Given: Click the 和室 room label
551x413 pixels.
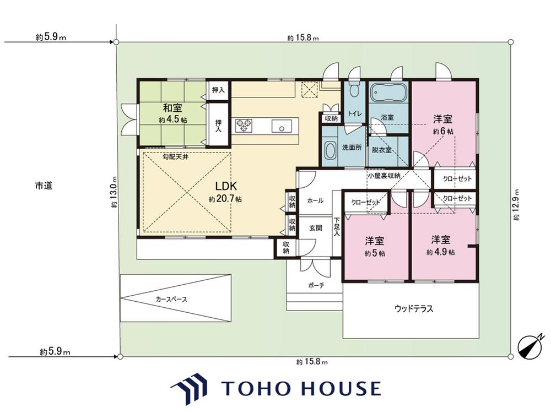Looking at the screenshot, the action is click(x=172, y=107).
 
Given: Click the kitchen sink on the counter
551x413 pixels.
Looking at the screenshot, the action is click(x=282, y=126).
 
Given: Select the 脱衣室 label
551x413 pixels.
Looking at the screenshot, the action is click(x=382, y=150).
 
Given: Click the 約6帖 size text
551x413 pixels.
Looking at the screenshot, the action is click(x=443, y=132).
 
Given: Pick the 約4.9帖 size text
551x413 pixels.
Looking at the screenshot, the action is click(x=441, y=252).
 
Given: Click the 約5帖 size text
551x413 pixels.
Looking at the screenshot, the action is click(x=375, y=253).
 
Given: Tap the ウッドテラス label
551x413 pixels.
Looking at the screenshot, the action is click(x=414, y=309).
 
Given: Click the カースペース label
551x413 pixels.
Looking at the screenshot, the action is click(x=171, y=300).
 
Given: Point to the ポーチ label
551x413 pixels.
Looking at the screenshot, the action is click(x=316, y=285).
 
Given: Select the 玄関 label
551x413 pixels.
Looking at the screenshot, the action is click(x=316, y=228).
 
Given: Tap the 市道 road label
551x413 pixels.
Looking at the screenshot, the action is click(x=44, y=186).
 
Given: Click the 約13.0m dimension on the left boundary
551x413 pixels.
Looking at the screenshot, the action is click(x=113, y=197).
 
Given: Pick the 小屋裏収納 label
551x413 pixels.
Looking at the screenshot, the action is click(x=384, y=176).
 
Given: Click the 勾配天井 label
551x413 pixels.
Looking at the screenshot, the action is click(x=175, y=156).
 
